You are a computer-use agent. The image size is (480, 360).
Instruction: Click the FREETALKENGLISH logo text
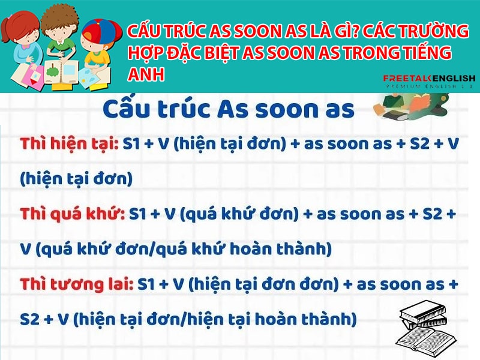tap(429, 79)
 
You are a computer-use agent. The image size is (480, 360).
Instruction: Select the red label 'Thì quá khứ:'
tap(72, 214)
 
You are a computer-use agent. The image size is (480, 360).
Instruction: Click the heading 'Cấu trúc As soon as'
tap(229, 109)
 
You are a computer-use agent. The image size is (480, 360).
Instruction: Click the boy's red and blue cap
tap(101, 31)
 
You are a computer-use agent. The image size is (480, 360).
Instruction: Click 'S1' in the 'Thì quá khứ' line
tap(139, 214)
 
